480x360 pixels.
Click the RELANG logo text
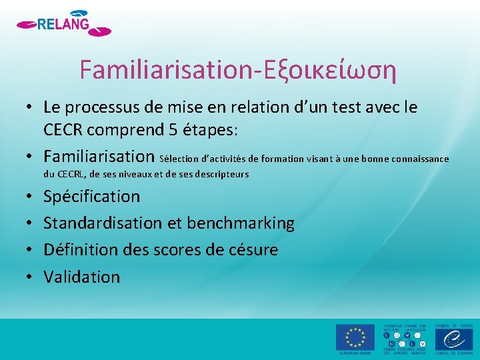coord(63,25)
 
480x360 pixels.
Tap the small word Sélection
coord(178,159)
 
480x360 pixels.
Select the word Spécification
coord(92,197)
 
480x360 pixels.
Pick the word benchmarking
coord(241,223)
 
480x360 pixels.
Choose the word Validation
coord(82,277)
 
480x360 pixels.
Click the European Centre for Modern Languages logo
coord(405,339)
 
